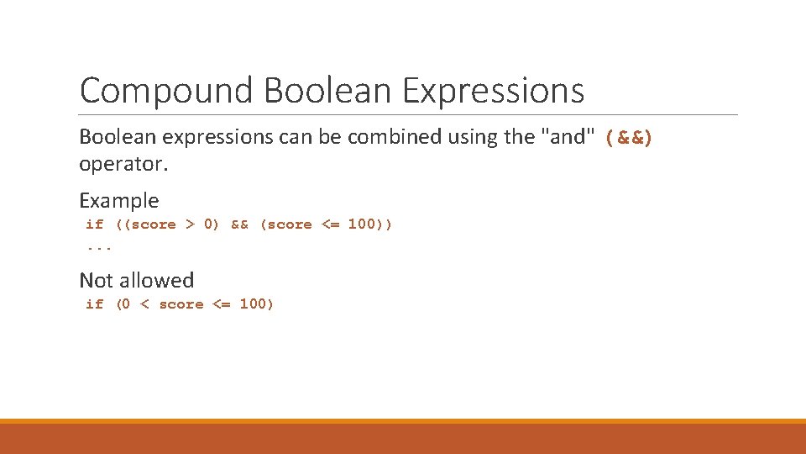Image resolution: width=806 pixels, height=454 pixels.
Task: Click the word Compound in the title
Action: (x=165, y=91)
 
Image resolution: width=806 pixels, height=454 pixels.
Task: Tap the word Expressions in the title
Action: (x=493, y=91)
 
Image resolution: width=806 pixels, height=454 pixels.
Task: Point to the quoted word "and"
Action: (x=568, y=136)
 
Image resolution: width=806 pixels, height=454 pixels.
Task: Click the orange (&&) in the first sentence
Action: (x=628, y=136)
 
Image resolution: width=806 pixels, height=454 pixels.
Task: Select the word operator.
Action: (x=123, y=164)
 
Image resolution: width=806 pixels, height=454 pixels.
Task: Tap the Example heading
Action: (x=118, y=200)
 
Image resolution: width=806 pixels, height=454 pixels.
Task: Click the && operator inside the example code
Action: (x=239, y=224)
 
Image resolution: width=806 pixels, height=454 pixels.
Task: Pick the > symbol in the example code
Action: (x=190, y=224)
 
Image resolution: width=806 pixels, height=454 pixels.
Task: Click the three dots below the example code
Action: (x=99, y=247)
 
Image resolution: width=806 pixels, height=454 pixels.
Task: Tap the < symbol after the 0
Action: (x=144, y=304)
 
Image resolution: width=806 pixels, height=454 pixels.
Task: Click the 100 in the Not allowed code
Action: (x=255, y=304)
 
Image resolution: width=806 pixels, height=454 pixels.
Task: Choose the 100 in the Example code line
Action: (x=362, y=224)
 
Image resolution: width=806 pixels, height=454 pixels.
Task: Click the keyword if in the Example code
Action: (x=94, y=224)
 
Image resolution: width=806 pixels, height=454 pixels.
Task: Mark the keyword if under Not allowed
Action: (x=94, y=304)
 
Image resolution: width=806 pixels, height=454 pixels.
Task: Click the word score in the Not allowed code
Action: (x=181, y=304)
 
